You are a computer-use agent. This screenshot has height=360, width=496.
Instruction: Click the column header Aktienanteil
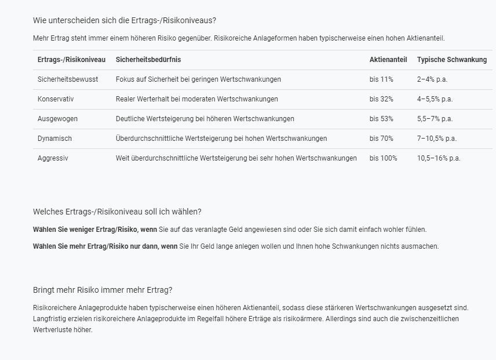pos(388,60)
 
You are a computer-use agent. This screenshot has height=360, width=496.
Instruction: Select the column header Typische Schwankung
pos(452,60)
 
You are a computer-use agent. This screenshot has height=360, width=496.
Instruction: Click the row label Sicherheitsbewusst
pos(68,79)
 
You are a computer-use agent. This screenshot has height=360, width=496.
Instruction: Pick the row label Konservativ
pos(56,99)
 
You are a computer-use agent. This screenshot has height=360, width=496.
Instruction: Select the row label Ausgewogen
pos(57,119)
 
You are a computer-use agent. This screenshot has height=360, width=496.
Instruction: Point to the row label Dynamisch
pos(55,139)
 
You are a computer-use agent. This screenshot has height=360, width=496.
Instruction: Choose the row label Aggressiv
pos(53,158)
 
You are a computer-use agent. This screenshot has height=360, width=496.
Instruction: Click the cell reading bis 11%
pos(381,79)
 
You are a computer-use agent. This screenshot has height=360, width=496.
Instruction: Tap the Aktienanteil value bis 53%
pos(381,119)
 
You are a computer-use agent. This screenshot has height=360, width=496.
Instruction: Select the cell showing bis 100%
pos(384,158)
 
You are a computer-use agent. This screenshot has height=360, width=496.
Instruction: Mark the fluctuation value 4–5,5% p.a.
pos(435,99)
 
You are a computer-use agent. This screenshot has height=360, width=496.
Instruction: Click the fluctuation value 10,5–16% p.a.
pos(439,158)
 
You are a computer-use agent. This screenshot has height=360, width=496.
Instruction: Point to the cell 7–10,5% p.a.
pos(437,139)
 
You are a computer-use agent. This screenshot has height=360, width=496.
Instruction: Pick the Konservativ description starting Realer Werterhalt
pos(197,99)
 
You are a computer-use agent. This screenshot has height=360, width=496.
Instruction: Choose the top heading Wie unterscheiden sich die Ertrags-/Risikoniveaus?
pos(125,20)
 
